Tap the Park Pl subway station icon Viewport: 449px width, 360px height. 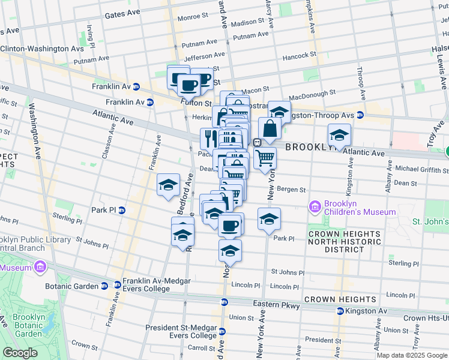121,211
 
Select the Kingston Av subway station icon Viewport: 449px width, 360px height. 340,311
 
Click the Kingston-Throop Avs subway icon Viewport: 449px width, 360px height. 360,115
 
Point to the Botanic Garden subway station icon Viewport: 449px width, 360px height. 104,286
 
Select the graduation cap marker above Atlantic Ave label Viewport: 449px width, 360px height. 339,136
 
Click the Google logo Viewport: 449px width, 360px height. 20,353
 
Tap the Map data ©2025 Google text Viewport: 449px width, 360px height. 412,355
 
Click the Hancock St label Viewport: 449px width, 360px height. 300,55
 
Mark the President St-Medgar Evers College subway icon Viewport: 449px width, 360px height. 223,331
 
